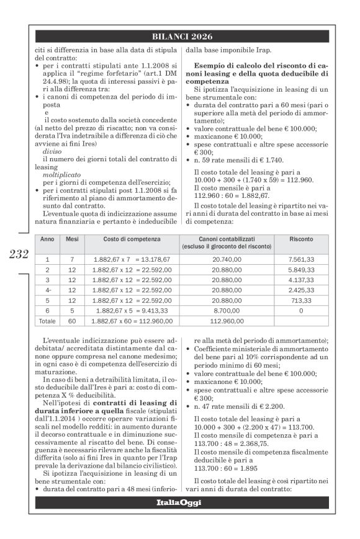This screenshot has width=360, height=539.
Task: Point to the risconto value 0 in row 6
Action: point(300,310)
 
